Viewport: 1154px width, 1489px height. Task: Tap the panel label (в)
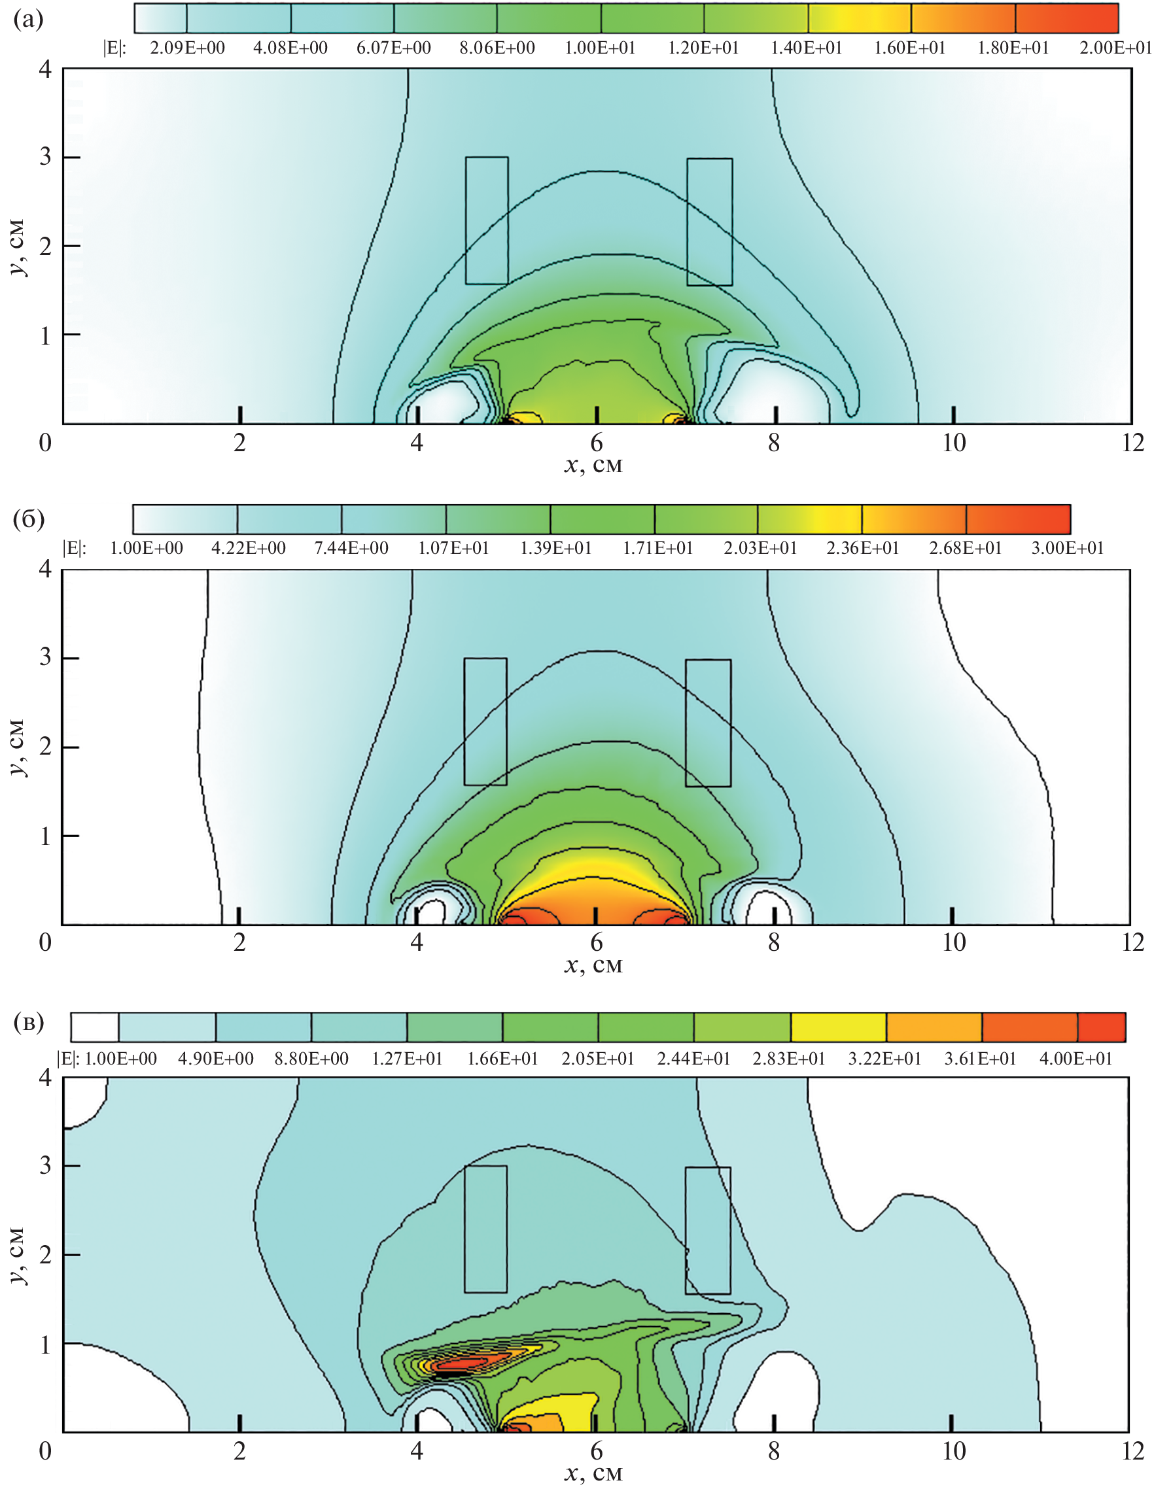pos(28,1023)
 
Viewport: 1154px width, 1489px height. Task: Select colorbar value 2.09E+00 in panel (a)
pos(187,48)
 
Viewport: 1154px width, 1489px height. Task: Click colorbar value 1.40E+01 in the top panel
pos(806,48)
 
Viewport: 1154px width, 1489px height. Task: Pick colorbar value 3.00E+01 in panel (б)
pos(1067,549)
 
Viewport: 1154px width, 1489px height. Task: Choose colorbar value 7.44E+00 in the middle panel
pos(351,549)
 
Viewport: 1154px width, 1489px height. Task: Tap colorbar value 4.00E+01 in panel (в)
pos(1075,1059)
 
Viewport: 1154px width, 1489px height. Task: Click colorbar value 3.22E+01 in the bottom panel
pos(884,1059)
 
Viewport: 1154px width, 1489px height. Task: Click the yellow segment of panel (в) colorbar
pos(838,1027)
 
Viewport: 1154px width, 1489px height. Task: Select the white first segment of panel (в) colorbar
pos(95,1027)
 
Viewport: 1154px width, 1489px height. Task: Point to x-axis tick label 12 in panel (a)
pos(1132,443)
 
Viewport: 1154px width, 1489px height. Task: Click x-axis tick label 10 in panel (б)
pos(953,943)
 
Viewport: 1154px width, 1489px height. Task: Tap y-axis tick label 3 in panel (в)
pos(45,1165)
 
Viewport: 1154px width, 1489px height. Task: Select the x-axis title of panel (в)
pos(593,1473)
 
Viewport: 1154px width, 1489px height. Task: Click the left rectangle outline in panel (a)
pos(466,220)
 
